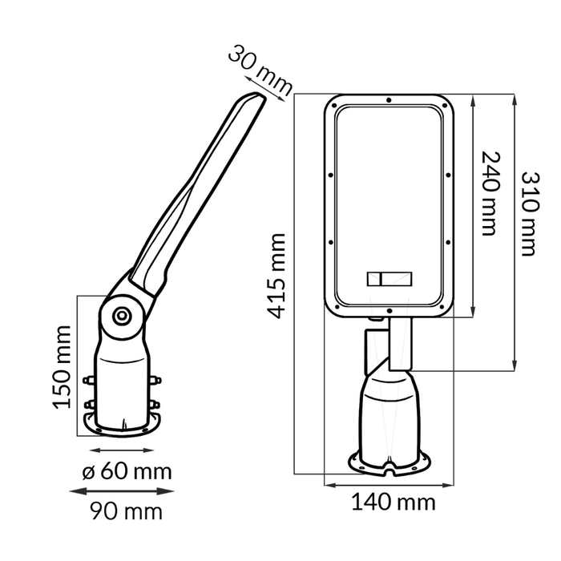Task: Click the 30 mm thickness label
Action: (259, 71)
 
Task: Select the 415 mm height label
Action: (276, 276)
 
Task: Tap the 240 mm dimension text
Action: (489, 193)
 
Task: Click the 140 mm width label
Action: (393, 502)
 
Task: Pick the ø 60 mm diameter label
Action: (126, 470)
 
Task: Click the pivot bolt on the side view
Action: (122, 315)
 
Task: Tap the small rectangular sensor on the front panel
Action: (389, 280)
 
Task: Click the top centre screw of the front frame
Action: (389, 101)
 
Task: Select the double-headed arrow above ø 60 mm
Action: (121, 450)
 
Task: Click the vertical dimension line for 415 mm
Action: (296, 289)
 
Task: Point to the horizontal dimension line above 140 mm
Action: (389, 485)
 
